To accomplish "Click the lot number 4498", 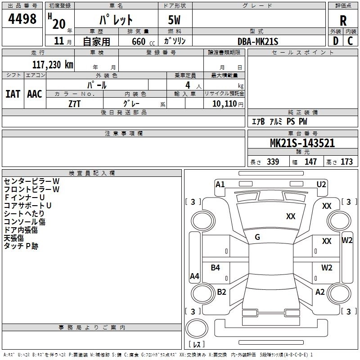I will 22,19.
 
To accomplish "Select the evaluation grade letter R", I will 343,20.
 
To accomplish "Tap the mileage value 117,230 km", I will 53,64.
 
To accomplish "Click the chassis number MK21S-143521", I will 302,143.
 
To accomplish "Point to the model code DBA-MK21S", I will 258,41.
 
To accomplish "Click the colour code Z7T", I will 75,103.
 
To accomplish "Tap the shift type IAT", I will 13,94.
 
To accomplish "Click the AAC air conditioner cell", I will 35,94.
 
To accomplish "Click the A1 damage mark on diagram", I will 220,184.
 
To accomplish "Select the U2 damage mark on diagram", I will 321,184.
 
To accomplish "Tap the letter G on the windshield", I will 257,237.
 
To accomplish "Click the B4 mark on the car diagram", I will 216,268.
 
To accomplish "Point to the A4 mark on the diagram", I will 194,276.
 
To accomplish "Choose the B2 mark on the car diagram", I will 221,292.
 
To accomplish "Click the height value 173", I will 346,162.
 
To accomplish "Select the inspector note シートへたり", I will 24,213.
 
